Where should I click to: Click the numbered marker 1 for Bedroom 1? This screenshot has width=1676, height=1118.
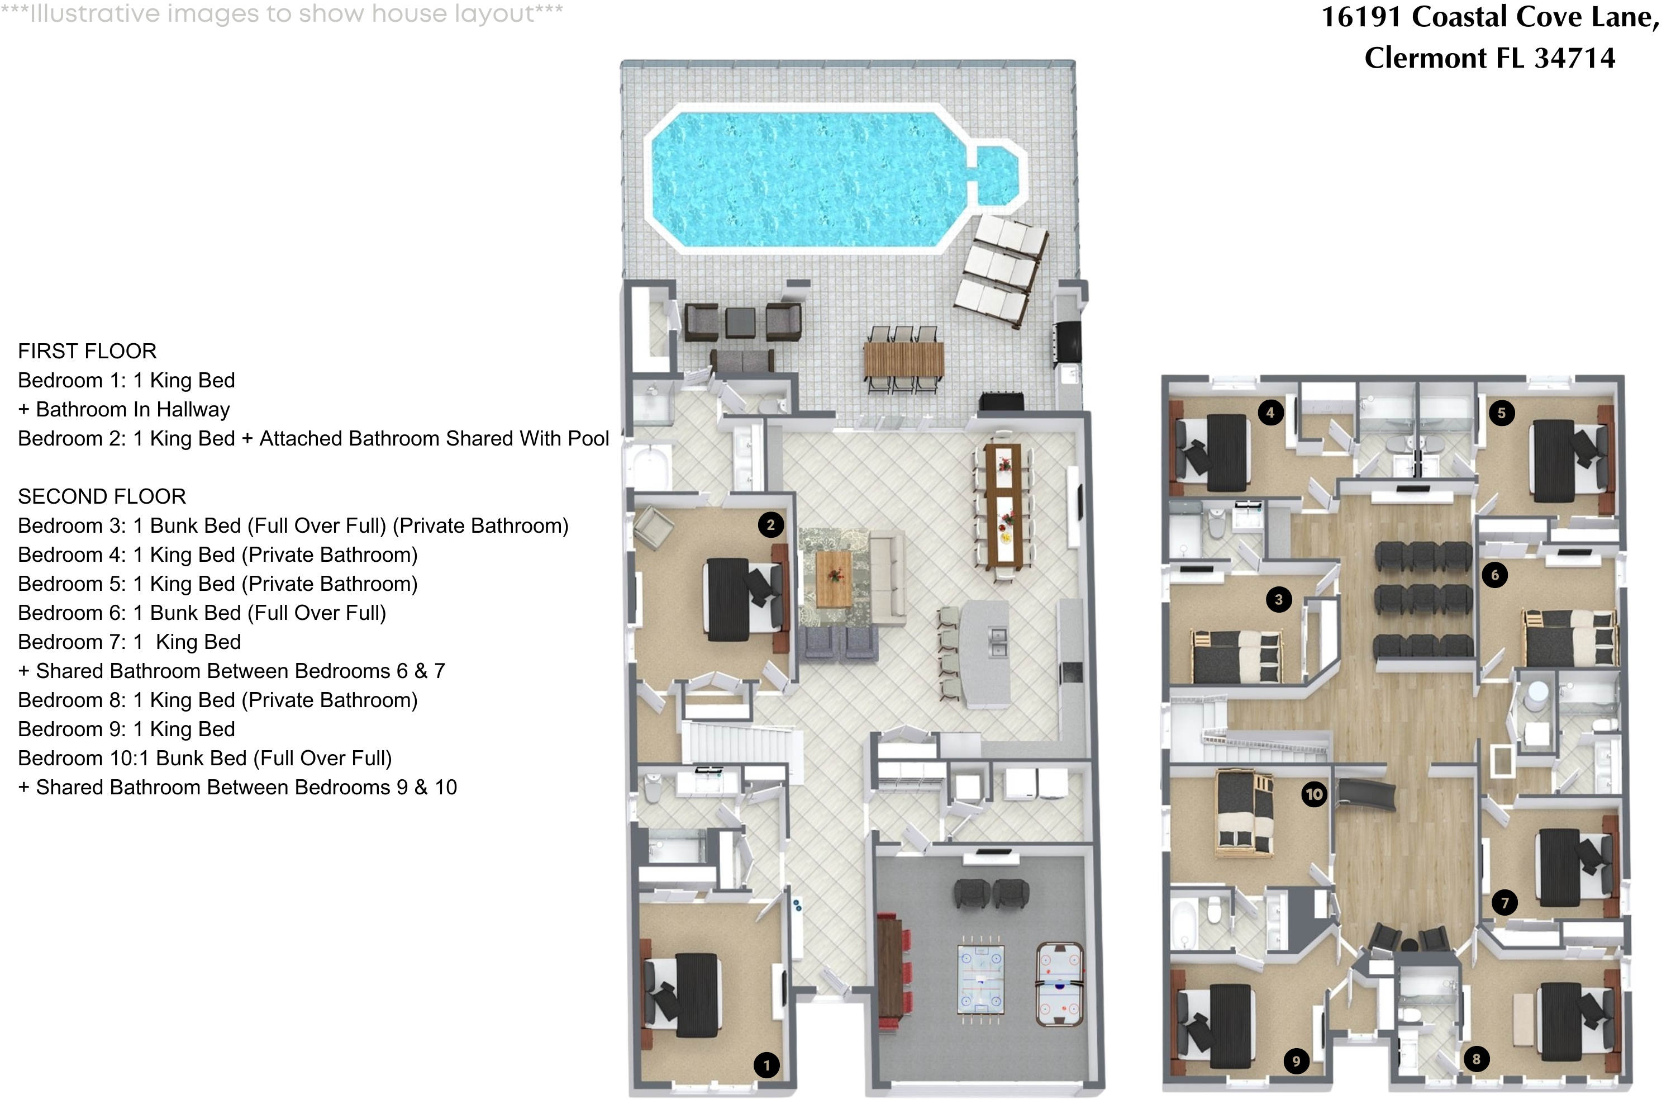point(766,1065)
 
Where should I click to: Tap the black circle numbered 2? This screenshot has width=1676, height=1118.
point(770,525)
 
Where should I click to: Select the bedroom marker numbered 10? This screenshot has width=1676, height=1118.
point(1314,794)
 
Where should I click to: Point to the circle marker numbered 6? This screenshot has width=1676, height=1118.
point(1494,575)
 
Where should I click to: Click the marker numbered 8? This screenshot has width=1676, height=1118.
point(1476,1059)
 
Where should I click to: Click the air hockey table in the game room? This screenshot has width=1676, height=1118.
point(1060,983)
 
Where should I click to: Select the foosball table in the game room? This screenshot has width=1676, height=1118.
point(980,979)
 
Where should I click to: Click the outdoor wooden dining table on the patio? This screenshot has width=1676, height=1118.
point(903,360)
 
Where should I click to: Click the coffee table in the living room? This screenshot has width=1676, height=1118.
point(833,577)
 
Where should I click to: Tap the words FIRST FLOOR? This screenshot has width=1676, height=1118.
point(87,351)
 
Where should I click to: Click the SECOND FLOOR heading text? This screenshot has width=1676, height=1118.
point(101,496)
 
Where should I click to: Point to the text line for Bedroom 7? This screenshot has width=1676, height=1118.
point(129,642)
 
